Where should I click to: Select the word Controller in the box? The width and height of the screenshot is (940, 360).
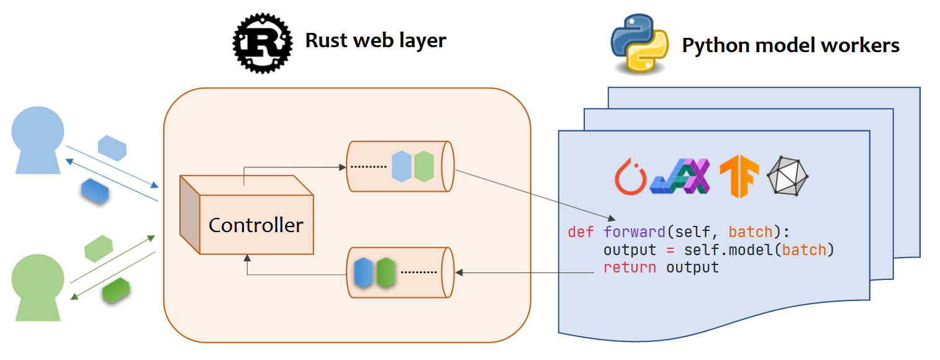256,225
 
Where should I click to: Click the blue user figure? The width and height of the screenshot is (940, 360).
38,140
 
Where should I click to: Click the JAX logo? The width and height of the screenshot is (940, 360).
680,176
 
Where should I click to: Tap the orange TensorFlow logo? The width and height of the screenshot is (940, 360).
739,176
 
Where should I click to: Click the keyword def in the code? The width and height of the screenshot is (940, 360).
581,233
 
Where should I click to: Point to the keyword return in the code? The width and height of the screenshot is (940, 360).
629,268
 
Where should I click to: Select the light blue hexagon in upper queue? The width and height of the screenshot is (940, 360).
402,166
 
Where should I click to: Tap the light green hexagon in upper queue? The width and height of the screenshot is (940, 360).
423,166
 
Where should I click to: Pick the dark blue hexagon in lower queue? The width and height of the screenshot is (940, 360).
363,272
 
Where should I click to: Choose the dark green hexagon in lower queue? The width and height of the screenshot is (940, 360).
386,272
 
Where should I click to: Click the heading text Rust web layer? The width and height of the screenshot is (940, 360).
376,41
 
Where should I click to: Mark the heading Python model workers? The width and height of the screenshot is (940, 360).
790,45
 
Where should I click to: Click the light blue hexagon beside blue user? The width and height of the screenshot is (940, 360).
112,148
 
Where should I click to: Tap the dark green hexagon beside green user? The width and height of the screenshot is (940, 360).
115,290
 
